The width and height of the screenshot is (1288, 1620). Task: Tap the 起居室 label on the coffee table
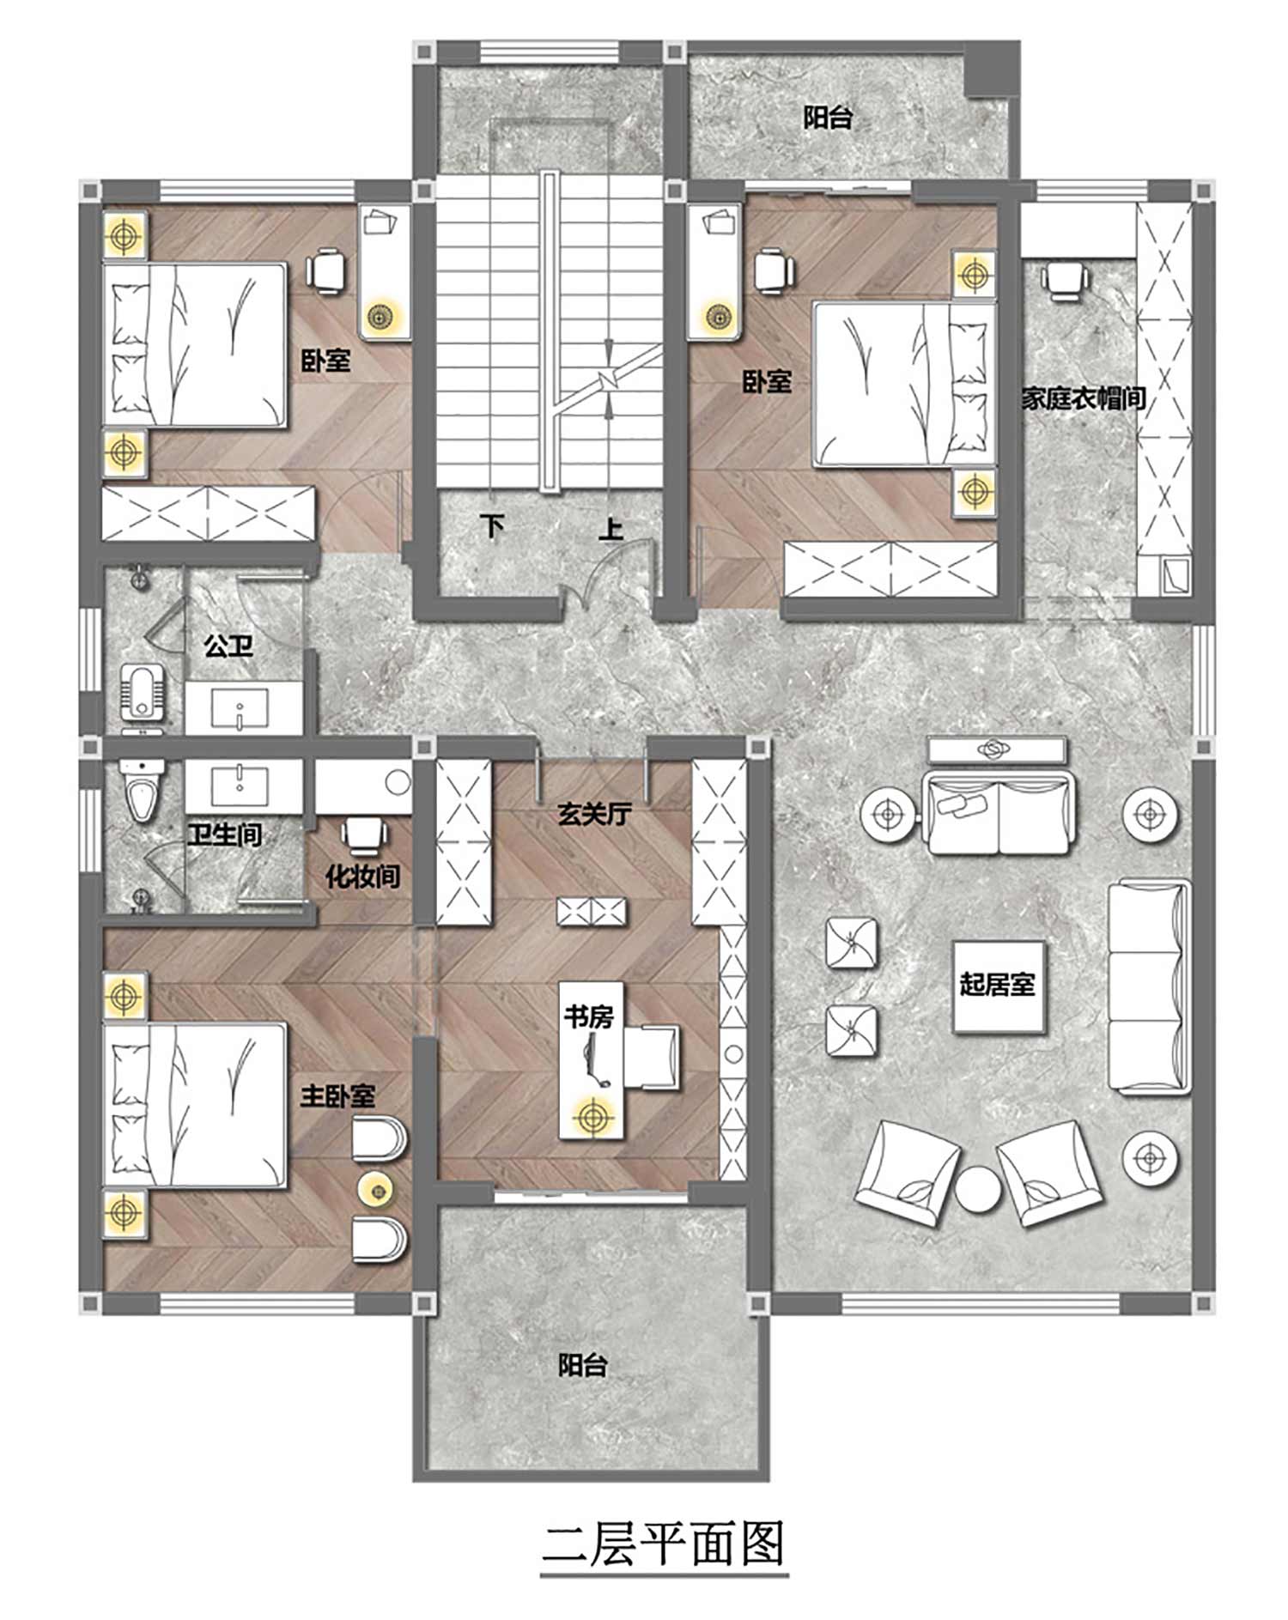tap(997, 984)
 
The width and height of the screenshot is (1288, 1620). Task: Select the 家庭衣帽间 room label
tap(1084, 398)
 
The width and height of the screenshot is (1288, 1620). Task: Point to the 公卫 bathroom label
tap(228, 645)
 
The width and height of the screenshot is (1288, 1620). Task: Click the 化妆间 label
tap(362, 876)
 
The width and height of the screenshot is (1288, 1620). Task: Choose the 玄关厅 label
tap(595, 813)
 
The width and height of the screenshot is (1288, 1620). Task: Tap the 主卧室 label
tap(337, 1095)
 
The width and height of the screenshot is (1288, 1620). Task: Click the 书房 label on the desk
tap(589, 1017)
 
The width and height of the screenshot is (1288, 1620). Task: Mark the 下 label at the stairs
tap(492, 525)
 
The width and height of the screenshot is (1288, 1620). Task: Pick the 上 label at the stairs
tap(611, 528)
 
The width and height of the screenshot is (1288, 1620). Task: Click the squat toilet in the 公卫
tap(141, 691)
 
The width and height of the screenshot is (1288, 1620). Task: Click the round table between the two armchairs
tap(978, 1190)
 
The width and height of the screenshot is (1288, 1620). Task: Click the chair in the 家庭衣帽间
tap(1064, 280)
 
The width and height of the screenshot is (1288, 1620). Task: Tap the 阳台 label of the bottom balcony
tap(583, 1365)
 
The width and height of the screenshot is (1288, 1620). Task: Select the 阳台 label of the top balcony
tap(828, 118)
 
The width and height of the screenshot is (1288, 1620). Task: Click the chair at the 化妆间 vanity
tap(364, 834)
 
